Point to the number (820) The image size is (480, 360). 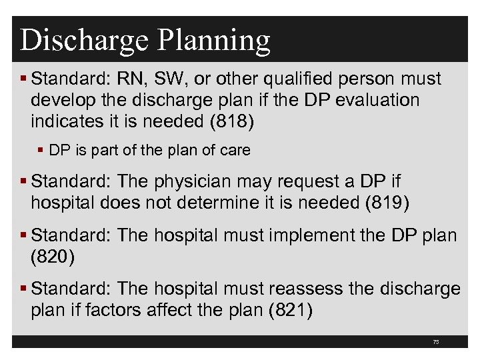(53, 257)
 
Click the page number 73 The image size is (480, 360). (436, 342)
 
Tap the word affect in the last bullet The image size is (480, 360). (161, 310)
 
